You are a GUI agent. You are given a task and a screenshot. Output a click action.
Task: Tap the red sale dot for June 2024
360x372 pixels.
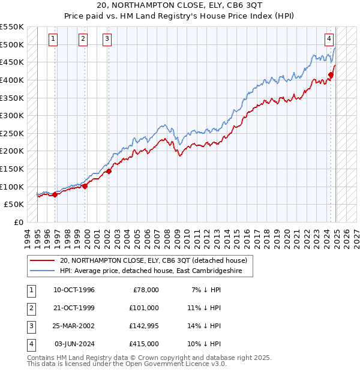[331, 74]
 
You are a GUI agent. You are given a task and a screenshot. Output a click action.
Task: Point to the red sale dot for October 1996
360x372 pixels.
[55, 194]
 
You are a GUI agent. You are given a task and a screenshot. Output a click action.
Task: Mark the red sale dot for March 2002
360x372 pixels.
[109, 171]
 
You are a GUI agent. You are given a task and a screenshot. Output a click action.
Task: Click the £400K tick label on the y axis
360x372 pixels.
[12, 80]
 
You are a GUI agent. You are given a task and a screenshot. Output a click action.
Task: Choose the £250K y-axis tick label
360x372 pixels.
[12, 133]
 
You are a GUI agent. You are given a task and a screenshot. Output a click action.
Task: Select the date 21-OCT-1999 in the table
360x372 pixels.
[74, 308]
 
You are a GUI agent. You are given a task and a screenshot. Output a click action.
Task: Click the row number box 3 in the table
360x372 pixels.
[29, 326]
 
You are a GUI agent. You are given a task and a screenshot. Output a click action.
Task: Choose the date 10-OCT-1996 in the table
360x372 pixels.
[74, 290]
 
